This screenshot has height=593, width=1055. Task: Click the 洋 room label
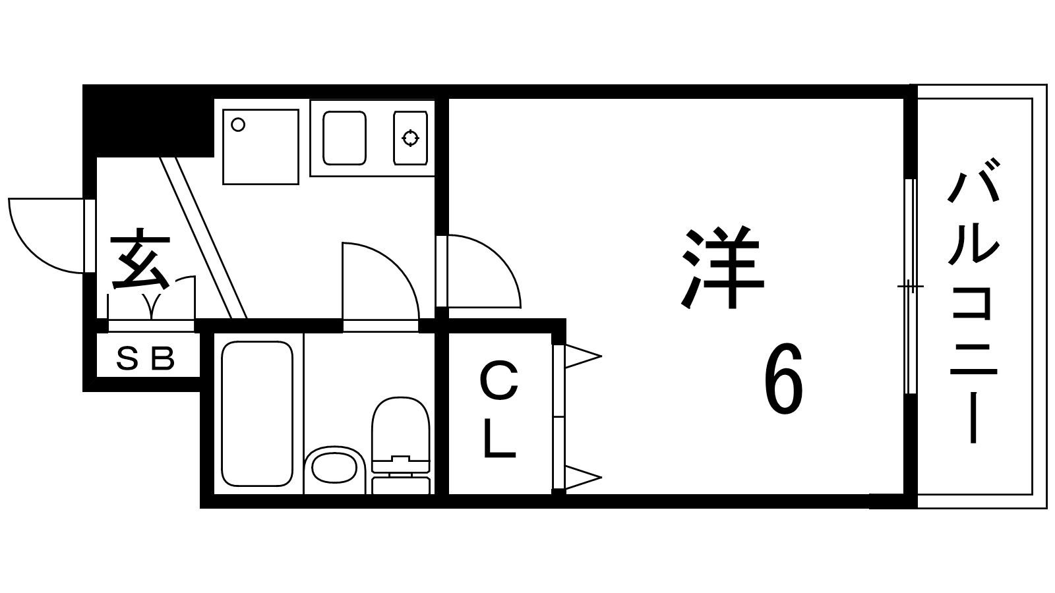coord(722,268)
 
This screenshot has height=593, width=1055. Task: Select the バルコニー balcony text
coord(973,302)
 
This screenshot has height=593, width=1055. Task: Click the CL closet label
coord(500,409)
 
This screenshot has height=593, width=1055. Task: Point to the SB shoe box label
coord(146,358)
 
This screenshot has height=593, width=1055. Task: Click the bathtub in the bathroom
coord(257,414)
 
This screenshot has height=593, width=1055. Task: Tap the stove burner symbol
coord(410,138)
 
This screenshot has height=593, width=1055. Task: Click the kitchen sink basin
coord(344,138)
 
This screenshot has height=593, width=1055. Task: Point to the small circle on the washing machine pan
coord(238,125)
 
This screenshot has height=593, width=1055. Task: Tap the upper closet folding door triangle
coord(583,356)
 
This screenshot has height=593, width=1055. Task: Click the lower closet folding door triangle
coord(583,478)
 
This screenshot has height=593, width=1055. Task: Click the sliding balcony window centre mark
coord(910,286)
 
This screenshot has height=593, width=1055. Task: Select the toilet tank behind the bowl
coord(401,485)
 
